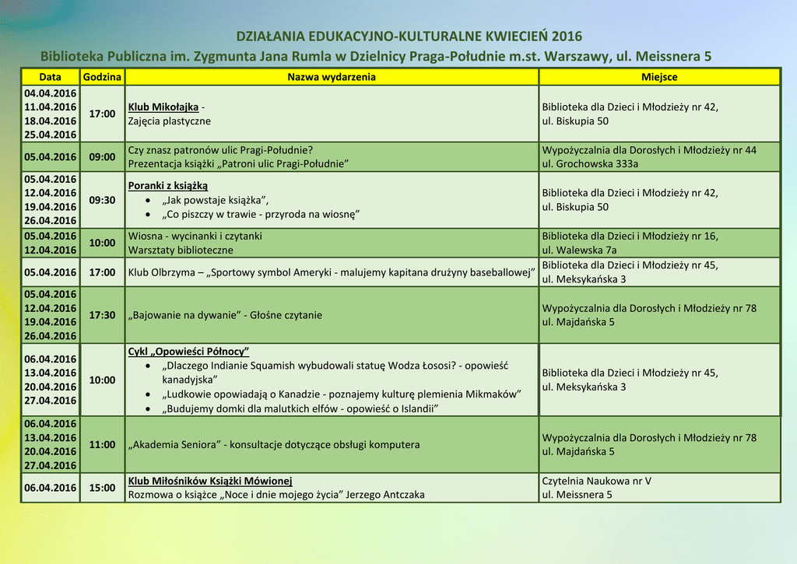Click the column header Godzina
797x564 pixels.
pos(102,77)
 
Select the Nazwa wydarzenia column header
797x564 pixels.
pos(332,77)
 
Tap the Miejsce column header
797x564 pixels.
pos(659,77)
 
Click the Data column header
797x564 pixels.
pos(50,77)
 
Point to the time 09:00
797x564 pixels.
pos(102,156)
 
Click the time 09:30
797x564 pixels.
pos(102,200)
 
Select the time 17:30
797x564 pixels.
pos(102,315)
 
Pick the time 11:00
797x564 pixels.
pos(102,445)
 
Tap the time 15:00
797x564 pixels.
pos(102,488)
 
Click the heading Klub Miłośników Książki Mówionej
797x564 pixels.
pos(210,481)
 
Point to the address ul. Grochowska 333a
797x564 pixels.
pos(590,163)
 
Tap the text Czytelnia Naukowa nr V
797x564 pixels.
pos(596,481)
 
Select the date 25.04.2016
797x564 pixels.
pos(50,135)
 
